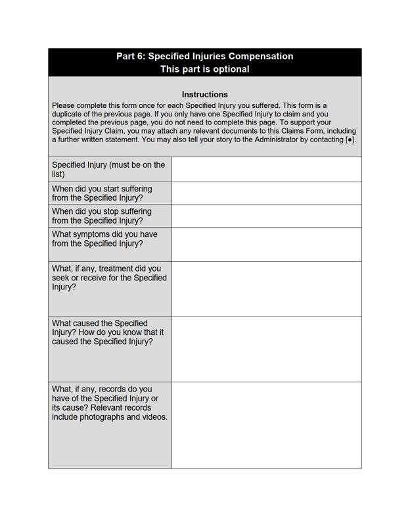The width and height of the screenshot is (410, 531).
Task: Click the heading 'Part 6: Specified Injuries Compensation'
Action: (204, 56)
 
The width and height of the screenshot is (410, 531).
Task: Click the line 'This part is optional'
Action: (204, 69)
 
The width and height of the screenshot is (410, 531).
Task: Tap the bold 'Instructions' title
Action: (204, 94)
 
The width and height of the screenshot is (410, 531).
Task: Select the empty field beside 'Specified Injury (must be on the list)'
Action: (266, 169)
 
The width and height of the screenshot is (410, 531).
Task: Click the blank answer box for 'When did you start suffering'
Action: (266, 193)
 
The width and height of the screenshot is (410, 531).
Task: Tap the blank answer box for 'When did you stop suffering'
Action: (266, 216)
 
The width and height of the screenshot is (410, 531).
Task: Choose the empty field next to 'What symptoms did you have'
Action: (266, 244)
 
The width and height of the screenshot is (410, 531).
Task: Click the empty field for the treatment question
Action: (266, 288)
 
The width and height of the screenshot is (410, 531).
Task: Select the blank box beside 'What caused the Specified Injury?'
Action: (266, 349)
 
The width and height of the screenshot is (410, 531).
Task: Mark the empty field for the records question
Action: (266, 424)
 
